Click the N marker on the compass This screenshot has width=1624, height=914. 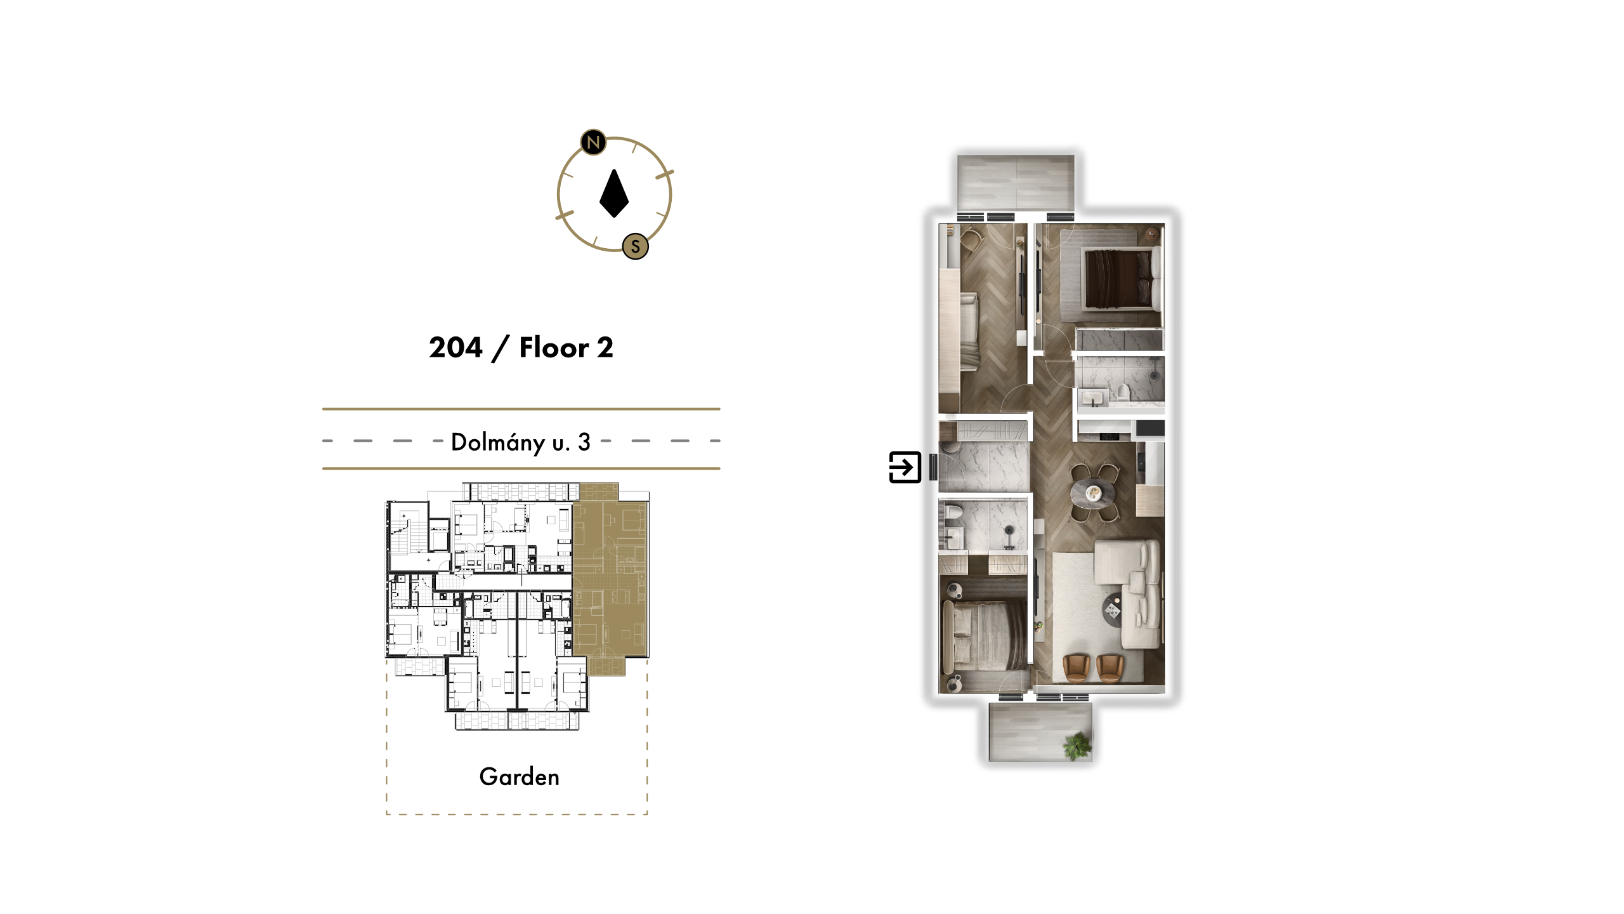[x=593, y=142]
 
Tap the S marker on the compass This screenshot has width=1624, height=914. [x=635, y=246]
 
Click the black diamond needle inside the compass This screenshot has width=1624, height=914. [x=614, y=194]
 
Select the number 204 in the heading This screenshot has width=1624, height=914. [x=455, y=347]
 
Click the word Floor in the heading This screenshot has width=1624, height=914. [x=554, y=347]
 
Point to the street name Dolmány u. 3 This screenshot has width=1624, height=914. [x=521, y=442]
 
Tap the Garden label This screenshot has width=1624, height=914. [x=520, y=777]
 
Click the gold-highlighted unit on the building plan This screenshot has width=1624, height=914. [x=609, y=578]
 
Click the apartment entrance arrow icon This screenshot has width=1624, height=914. [x=905, y=467]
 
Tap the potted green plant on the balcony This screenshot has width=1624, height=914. [x=1077, y=745]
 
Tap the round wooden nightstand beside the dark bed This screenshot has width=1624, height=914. [x=1152, y=235]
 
